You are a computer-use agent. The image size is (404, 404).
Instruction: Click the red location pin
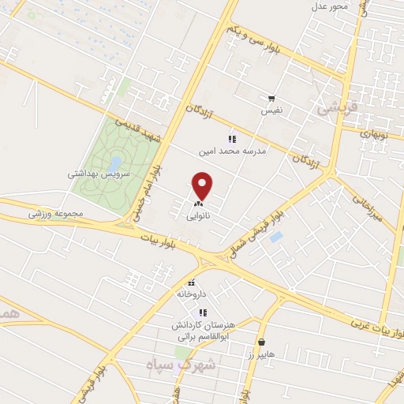click(204, 185)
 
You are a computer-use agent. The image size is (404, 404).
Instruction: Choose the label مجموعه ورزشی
click(55, 212)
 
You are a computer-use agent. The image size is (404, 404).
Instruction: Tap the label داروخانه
click(191, 294)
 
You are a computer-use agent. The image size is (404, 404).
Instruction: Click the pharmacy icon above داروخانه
click(191, 282)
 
